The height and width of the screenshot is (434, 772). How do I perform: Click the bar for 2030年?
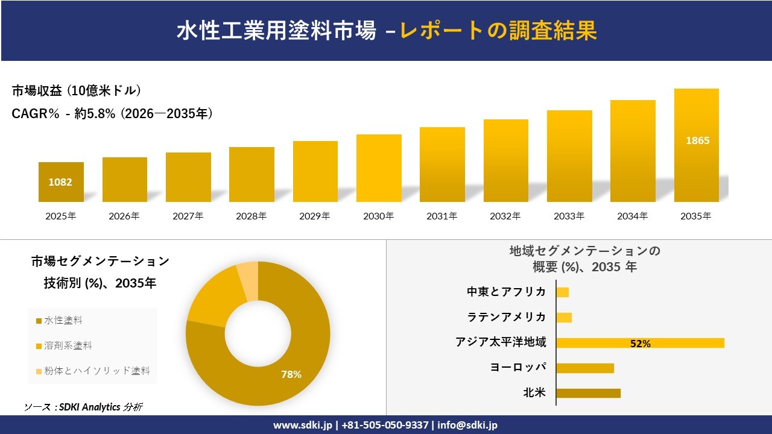coord(379,168)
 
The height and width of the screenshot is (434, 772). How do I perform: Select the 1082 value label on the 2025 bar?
coord(60,181)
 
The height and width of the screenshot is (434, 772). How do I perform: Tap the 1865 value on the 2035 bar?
coord(697,140)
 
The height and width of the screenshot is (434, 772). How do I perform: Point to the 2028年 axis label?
coord(252,216)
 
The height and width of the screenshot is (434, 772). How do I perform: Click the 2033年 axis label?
coord(569,216)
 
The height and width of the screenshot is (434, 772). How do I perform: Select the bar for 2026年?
coord(124,180)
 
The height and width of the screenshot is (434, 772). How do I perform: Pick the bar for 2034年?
coord(633,151)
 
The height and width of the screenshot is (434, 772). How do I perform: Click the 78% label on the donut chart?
coord(291,374)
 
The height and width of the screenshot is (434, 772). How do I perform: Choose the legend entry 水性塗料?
coord(63,321)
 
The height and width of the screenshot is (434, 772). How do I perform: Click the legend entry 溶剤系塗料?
coord(67,346)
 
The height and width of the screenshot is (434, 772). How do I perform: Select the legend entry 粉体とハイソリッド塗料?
coord(96,371)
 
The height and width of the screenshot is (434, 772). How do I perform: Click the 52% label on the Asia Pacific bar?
coord(640,344)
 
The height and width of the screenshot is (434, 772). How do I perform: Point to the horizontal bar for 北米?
coord(588,393)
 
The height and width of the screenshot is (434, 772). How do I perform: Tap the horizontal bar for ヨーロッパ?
coord(584,368)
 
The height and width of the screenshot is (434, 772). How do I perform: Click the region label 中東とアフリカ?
coord(507,292)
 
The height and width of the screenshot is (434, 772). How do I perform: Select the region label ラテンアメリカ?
coord(507,317)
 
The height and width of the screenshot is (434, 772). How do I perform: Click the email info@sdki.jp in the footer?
coord(467,425)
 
